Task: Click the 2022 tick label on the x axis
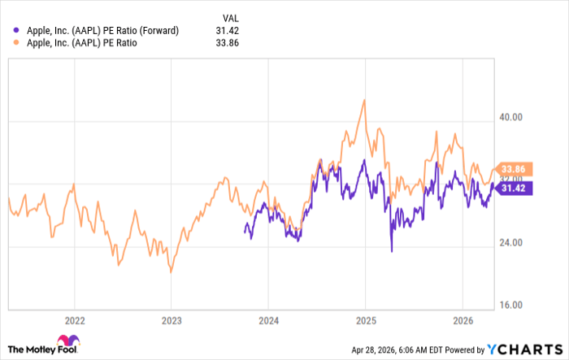pyautogui.click(x=74, y=320)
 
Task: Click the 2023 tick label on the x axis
pyautogui.click(x=171, y=320)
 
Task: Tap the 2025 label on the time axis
pyautogui.click(x=365, y=320)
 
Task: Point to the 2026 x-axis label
pyautogui.click(x=462, y=320)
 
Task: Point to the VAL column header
pyautogui.click(x=232, y=17)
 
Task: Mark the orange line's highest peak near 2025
pyautogui.click(x=364, y=100)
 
